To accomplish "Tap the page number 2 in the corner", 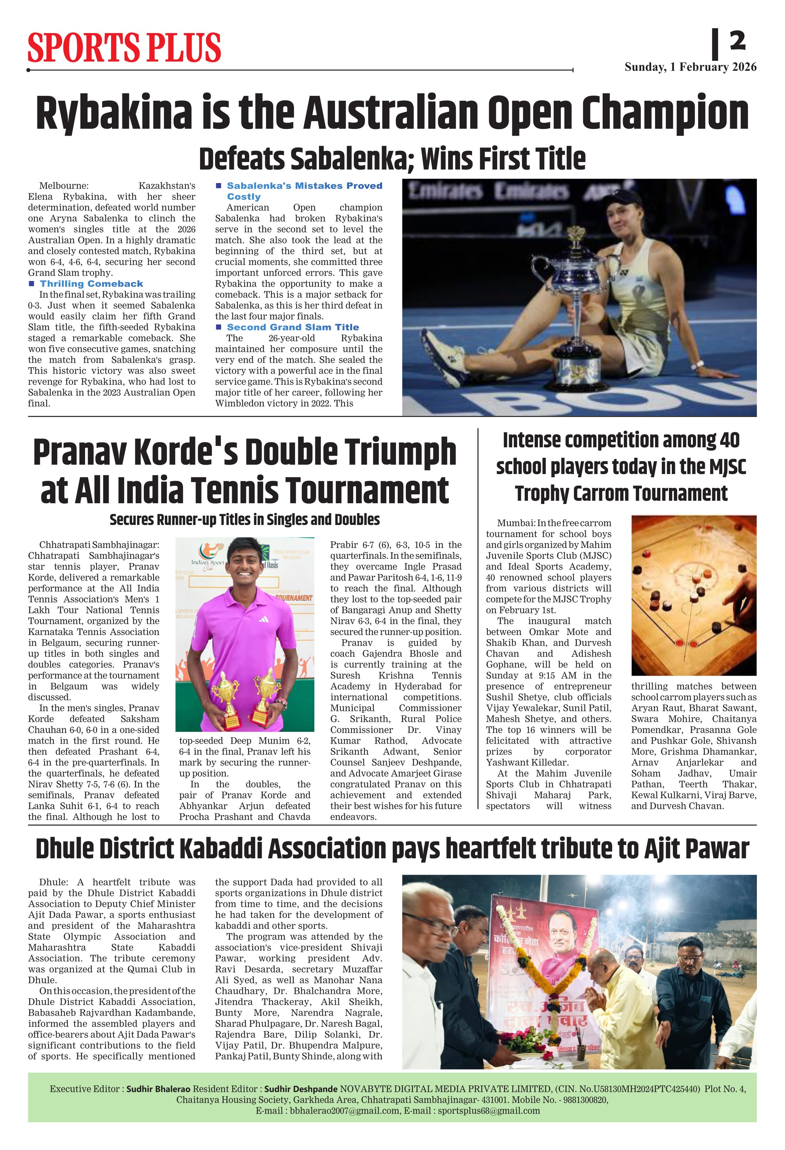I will (737, 41).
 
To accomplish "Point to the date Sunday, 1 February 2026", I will (690, 67).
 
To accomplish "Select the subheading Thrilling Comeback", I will (91, 283).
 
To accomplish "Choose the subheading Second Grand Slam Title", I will (293, 327).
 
